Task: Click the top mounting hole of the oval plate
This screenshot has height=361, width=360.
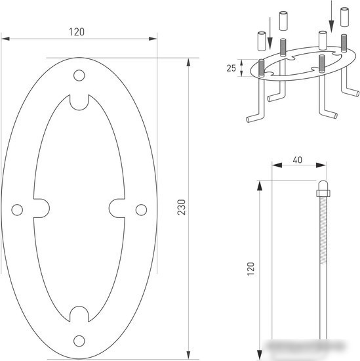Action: pos(79,75)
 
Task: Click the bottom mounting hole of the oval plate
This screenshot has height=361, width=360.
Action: pos(79,341)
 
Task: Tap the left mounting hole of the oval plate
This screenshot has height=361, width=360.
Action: pos(17,210)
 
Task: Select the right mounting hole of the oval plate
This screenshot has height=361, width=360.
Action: pos(141,210)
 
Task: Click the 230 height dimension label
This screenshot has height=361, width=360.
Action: pos(181,207)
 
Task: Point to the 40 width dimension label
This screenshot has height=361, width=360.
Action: pos(298,159)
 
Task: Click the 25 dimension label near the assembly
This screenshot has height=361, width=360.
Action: pos(231,68)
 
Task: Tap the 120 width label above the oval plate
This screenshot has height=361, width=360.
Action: pos(77,32)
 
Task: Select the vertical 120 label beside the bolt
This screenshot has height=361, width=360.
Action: pos(250,268)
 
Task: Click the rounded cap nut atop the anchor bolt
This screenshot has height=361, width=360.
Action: pos(323,188)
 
